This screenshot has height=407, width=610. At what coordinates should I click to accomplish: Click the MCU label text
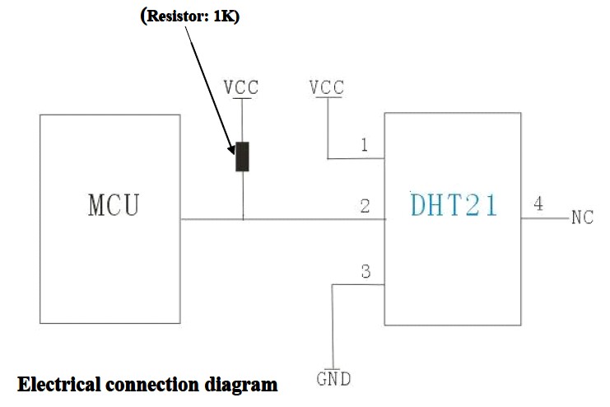coord(114,204)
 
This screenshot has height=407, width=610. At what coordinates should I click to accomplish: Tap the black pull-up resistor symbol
coord(242,157)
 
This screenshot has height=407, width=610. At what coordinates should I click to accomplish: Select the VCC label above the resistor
coord(241,87)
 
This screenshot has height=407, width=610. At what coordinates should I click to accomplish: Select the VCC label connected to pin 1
coord(326,87)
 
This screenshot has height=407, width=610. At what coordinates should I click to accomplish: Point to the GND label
coord(333,380)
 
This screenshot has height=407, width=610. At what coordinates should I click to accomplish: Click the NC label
coord(582,218)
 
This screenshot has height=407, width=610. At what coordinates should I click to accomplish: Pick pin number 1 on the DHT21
coord(364,145)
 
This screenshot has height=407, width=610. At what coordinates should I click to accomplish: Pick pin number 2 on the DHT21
coord(364,206)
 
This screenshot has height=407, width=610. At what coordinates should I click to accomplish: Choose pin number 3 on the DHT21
coord(366,272)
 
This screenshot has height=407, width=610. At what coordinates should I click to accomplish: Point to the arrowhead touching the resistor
coord(234,149)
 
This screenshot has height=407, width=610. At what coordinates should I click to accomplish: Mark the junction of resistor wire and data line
coord(243,219)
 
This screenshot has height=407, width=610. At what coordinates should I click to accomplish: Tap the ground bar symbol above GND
coord(332,367)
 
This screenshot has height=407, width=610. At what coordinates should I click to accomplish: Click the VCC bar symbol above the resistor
coord(242,99)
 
